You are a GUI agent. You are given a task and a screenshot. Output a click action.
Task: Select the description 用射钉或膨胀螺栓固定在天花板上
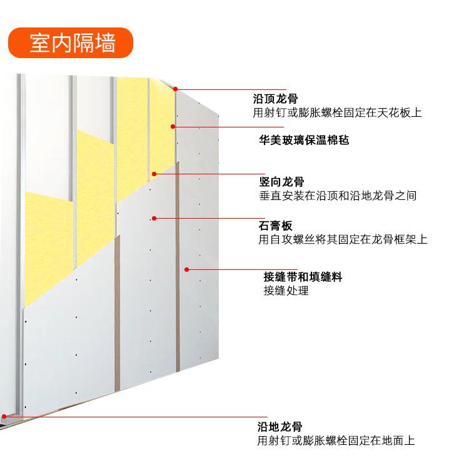pos(337,114)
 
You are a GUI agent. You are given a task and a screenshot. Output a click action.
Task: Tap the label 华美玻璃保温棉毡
pos(304,140)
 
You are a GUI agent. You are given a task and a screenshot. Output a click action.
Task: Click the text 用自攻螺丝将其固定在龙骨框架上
pos(343,239)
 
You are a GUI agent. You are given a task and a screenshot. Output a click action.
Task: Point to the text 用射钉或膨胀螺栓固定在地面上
pos(336,441)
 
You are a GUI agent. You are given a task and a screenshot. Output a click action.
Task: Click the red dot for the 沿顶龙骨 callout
pos(176,89)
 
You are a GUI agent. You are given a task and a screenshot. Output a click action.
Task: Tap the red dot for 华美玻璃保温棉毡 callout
pos(173,127)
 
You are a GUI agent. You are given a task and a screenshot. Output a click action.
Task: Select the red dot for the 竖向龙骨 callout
pos(153,174)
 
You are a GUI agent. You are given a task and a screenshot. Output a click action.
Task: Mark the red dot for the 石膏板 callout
pos(154,218)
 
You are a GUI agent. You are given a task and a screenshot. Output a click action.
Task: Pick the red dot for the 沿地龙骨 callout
pos(4,416)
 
